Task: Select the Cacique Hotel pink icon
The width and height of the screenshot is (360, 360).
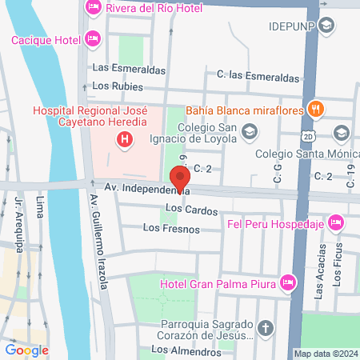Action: coord(94,38)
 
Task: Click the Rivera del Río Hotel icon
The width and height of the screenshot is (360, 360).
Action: coord(94,9)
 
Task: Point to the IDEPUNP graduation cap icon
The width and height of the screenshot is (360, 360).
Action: coord(325,26)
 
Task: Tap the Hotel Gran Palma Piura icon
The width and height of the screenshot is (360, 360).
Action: coord(288,282)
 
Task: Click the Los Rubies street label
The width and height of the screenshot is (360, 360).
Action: coord(118,86)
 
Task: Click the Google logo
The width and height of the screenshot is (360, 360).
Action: coord(26,350)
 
